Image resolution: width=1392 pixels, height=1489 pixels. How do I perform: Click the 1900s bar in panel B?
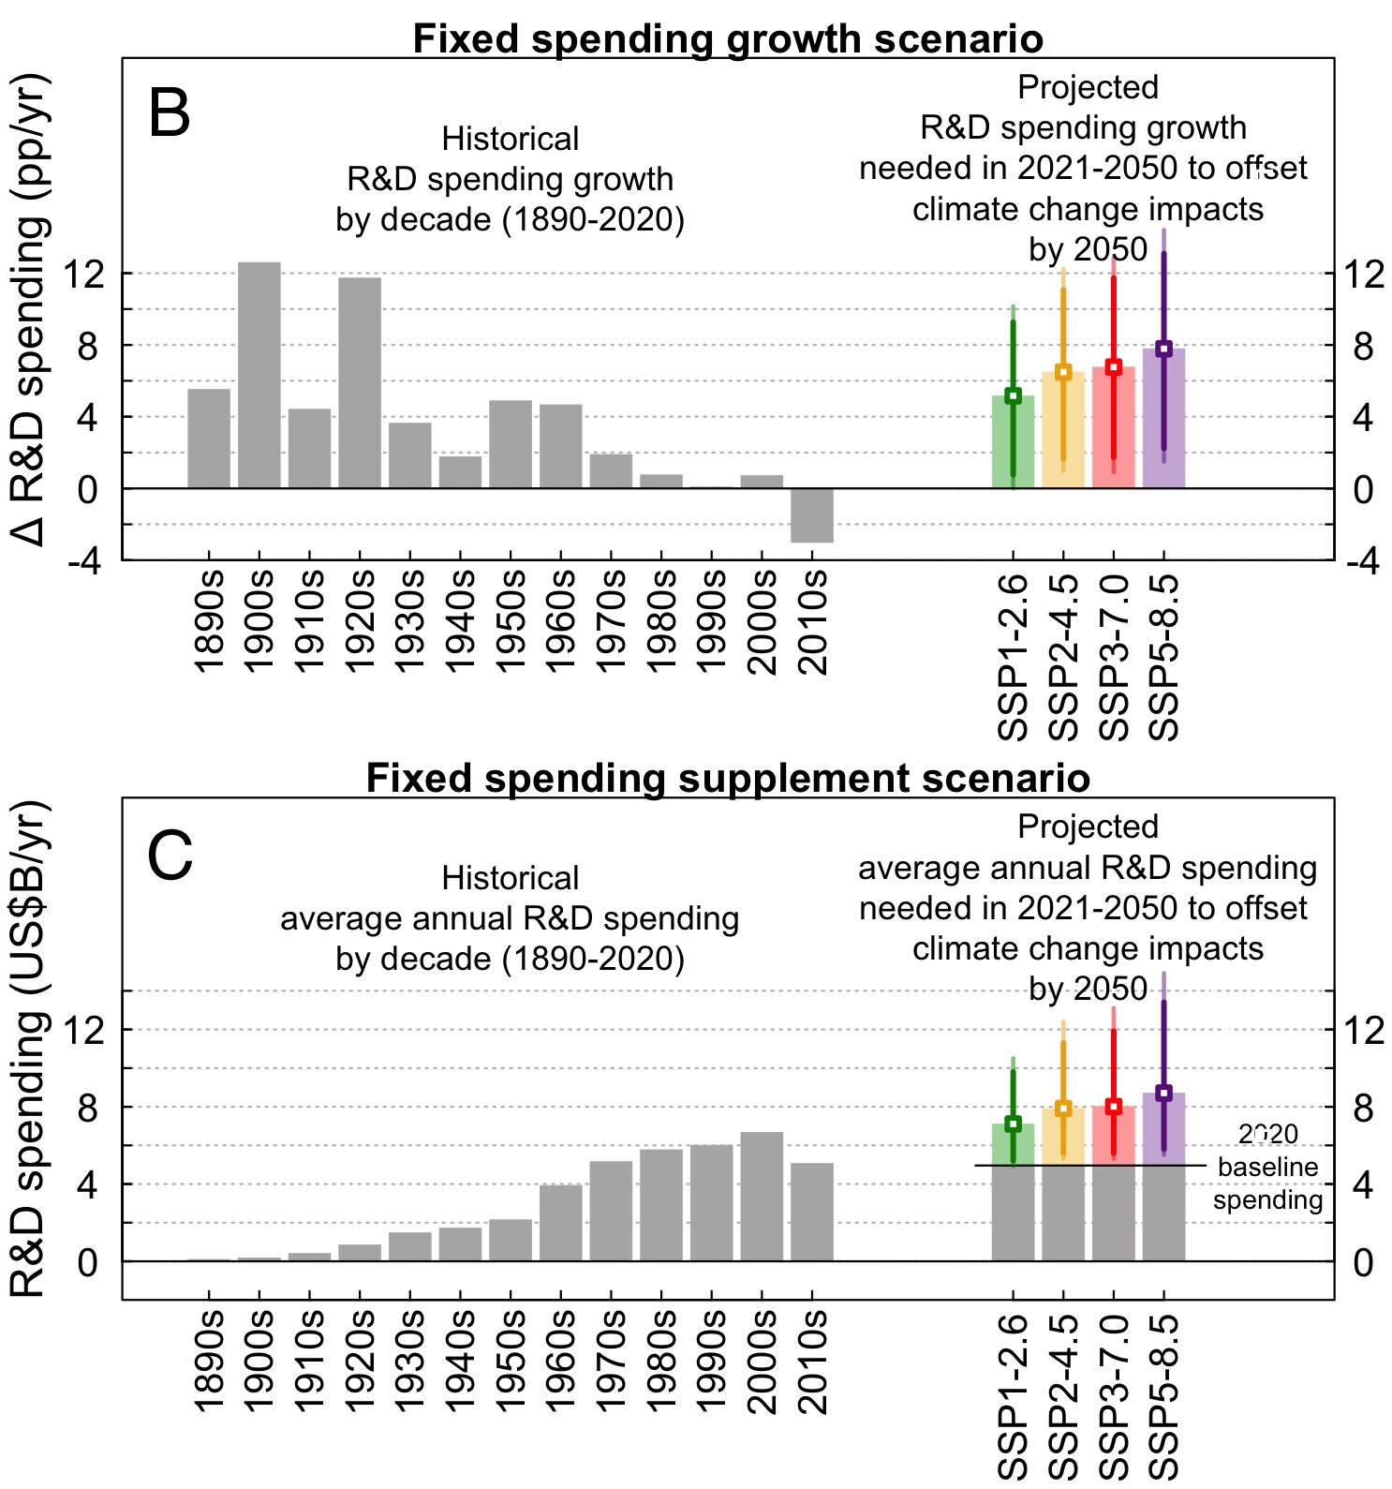tap(259, 375)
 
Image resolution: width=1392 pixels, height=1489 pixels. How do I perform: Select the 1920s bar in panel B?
tap(360, 382)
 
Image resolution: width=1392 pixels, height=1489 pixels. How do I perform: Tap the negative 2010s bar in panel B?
tap(811, 515)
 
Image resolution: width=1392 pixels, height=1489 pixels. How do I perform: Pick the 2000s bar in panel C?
tap(762, 1197)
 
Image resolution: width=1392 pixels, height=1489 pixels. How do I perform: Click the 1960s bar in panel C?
tap(560, 1223)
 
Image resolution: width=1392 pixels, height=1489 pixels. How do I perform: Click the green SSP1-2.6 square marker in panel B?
tap(1013, 395)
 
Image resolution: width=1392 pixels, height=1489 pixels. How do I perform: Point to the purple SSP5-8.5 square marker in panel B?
tap(1163, 349)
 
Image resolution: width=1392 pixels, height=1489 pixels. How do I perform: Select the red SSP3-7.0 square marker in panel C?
tap(1113, 1107)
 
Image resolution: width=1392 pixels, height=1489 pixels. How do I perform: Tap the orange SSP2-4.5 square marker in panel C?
tap(1063, 1109)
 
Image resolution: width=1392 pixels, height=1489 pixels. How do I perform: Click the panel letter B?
tap(170, 114)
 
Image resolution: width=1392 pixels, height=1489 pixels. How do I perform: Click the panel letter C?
tap(170, 857)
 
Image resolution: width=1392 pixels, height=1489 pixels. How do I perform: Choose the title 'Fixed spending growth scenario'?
tap(728, 39)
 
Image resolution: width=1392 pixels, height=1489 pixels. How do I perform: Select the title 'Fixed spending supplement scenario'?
tap(728, 779)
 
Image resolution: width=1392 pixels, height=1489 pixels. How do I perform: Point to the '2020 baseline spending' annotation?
tap(1267, 1168)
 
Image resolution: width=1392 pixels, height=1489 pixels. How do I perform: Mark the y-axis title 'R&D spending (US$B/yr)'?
tap(28, 1050)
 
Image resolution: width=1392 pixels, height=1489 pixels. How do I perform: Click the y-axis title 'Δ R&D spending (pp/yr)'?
tap(28, 309)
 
